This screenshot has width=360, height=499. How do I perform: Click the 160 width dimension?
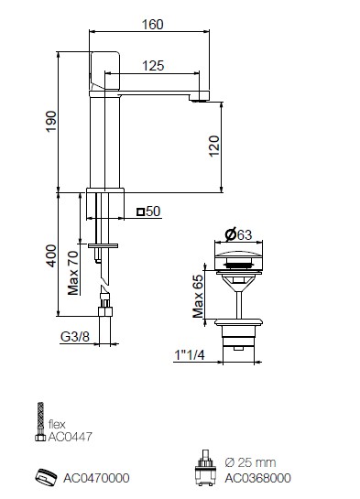(152, 25)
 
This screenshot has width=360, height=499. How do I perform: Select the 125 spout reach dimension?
(153, 66)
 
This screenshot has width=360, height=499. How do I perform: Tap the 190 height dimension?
(51, 121)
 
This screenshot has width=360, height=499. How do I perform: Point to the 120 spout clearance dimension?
(214, 146)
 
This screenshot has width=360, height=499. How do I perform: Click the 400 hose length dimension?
(51, 255)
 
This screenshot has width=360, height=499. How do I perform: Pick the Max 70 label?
(73, 273)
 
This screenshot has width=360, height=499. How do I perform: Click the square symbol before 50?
(140, 212)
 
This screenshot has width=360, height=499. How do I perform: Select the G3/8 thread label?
(75, 336)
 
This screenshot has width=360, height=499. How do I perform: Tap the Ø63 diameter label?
(238, 235)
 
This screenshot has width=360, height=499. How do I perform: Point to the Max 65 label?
(198, 297)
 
